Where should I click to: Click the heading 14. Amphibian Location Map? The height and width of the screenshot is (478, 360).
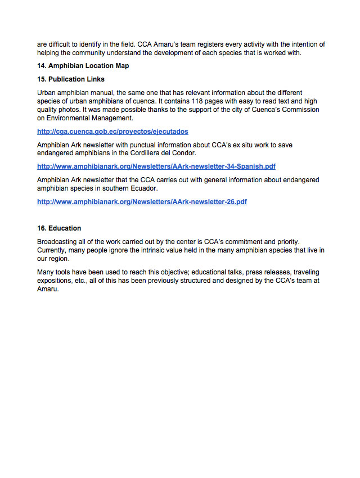tap(83, 66)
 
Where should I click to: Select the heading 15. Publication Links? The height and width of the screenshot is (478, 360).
tap(71, 79)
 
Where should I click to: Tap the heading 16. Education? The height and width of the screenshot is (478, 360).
tap(59, 228)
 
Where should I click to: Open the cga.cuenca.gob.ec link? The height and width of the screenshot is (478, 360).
tap(112, 131)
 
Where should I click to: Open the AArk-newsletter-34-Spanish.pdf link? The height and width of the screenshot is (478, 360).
tap(156, 166)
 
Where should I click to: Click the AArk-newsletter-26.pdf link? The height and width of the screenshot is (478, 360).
tap(142, 201)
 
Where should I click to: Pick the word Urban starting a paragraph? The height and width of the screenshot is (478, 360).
tap(47, 92)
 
